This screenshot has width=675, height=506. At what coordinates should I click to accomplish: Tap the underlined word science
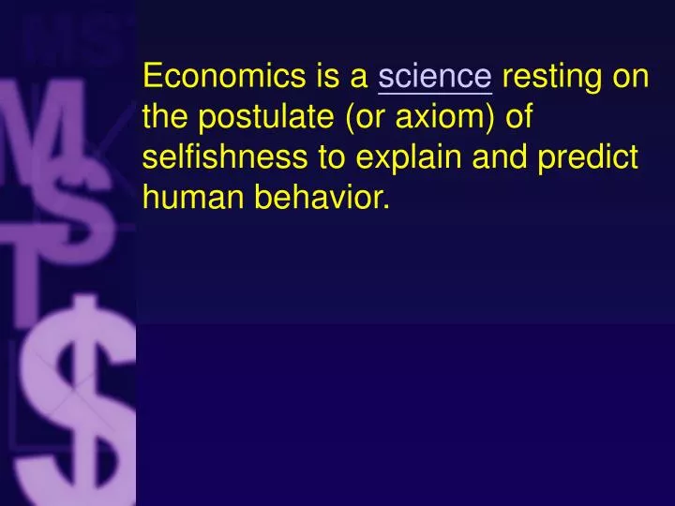point(435,77)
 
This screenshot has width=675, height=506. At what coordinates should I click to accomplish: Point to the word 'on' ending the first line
point(630,77)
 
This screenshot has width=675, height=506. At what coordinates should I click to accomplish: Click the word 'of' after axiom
point(518,118)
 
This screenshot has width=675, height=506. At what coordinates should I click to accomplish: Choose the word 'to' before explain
point(334,157)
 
